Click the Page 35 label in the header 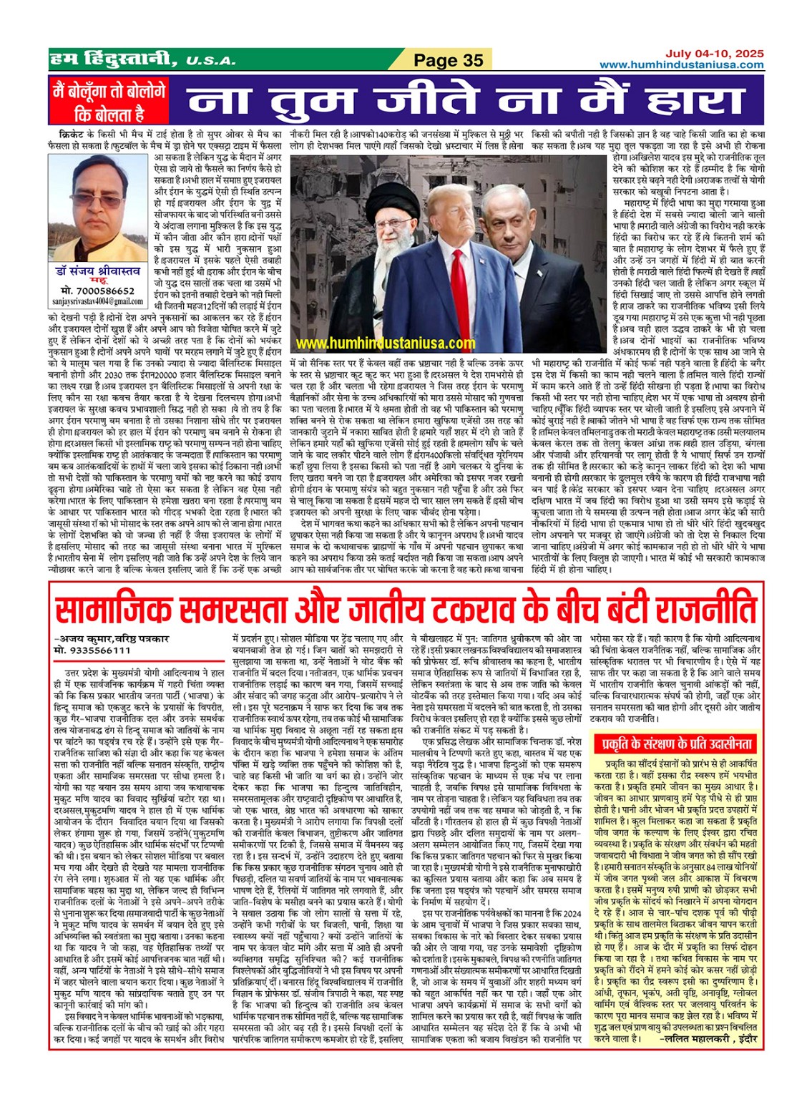449,61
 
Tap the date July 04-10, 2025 714,54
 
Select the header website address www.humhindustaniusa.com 681,65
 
